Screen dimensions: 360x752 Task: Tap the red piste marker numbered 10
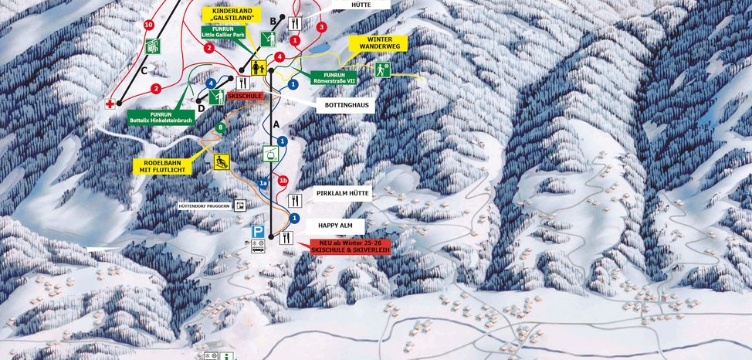tap(148, 25)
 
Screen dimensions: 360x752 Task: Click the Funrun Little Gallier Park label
tap(227, 32)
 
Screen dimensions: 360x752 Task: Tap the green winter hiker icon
tap(383, 70)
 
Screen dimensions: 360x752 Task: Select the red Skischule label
tap(245, 96)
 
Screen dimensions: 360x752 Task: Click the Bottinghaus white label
tap(344, 105)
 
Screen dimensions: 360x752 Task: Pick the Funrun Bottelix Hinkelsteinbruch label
tap(159, 117)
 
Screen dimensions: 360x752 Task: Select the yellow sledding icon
tap(222, 161)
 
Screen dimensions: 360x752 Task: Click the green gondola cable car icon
tap(270, 153)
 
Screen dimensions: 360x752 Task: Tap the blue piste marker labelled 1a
tap(263, 183)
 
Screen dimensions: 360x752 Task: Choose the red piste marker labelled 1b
tap(283, 180)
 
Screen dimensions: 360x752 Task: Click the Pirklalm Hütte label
tap(344, 193)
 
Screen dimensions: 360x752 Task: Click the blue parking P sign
tap(258, 231)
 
